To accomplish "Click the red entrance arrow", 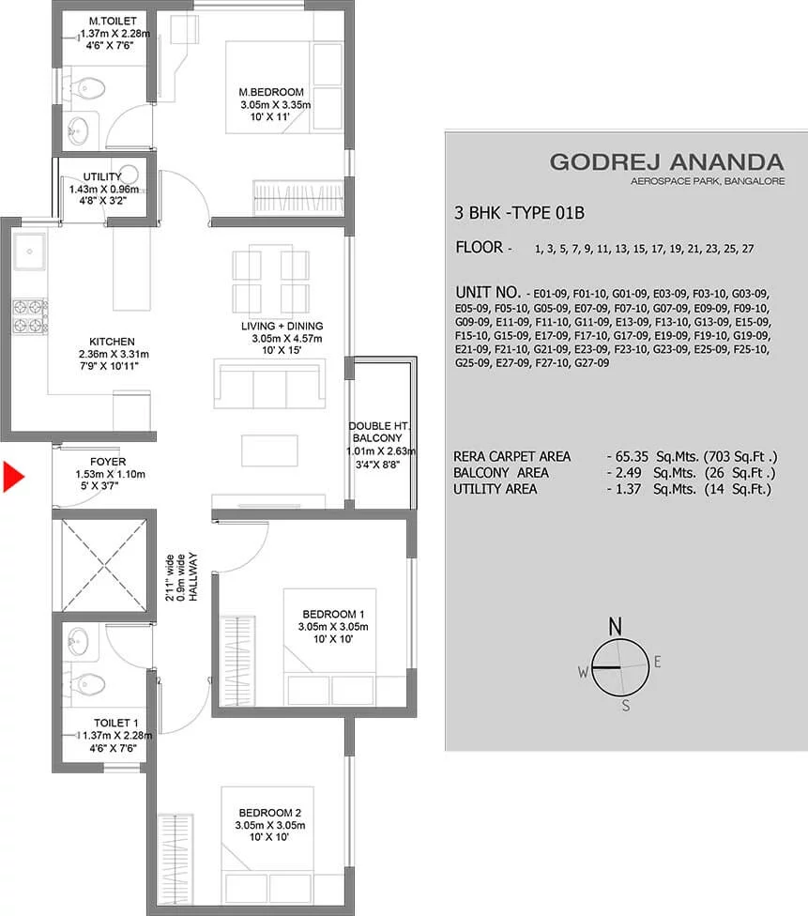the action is [x=13, y=477].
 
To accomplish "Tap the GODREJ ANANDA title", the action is [x=666, y=161].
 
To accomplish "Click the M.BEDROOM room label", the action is [x=271, y=92].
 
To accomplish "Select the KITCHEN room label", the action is [x=113, y=342].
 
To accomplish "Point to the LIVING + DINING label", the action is [x=282, y=326].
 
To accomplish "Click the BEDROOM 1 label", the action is [x=333, y=614].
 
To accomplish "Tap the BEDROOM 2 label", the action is [x=270, y=813].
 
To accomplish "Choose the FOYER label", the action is [x=108, y=462].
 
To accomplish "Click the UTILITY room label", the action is [x=102, y=176].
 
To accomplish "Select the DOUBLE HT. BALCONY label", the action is [x=378, y=432].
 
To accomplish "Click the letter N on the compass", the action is [x=616, y=626].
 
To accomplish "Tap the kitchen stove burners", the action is [x=30, y=316].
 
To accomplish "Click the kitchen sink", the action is [x=29, y=252].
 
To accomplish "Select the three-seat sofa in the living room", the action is [x=269, y=384].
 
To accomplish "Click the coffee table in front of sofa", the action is [x=269, y=450].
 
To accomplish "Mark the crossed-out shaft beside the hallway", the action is [x=104, y=565].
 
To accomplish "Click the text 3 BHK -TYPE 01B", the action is [x=519, y=213].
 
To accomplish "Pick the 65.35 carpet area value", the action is [x=632, y=456].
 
